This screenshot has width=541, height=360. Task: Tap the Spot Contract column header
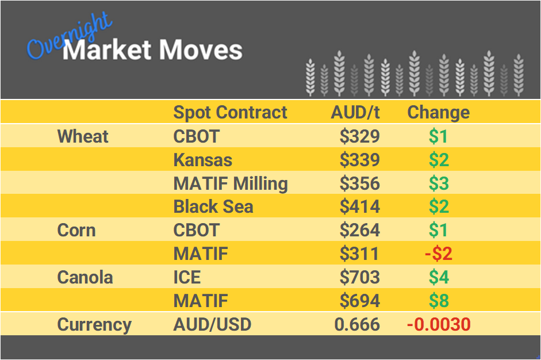pos(230,112)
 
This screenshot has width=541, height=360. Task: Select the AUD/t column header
pos(355,112)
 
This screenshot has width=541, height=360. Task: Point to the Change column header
pos(438,112)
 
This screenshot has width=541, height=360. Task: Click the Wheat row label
pos(83,136)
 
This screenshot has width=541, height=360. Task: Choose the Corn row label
pos(76,230)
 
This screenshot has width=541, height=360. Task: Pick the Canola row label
pos(85,277)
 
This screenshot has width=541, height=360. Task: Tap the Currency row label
pos(94,324)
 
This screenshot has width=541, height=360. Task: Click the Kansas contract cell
pos(202,160)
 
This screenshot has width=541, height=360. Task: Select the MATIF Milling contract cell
pos(231,183)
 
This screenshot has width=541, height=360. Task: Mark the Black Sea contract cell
pos(213,206)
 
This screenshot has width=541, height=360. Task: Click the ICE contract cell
pos(187,277)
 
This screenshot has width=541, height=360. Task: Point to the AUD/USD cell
pos(212,324)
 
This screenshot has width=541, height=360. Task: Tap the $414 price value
pos(359,206)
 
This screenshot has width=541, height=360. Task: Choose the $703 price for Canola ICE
pos(359,277)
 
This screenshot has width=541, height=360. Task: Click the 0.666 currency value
pos(357,324)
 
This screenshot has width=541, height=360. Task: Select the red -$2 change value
pos(438,254)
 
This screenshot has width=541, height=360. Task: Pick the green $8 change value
pos(439,301)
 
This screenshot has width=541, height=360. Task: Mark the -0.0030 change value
pos(438,324)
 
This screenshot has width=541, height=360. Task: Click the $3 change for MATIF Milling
pos(439,183)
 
